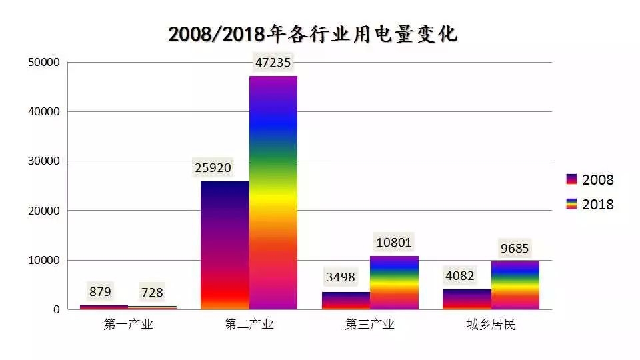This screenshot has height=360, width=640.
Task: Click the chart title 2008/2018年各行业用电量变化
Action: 313,34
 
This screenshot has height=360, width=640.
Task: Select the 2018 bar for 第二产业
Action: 273,193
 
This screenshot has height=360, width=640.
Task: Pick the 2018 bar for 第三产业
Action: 394,283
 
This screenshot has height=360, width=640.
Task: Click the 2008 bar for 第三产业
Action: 345,301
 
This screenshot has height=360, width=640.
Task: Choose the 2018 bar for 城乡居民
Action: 515,285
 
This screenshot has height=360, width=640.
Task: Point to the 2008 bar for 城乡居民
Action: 467,299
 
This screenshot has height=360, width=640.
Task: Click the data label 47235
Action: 273,63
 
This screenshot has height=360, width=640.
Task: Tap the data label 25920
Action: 213,168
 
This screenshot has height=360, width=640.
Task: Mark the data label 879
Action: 99,291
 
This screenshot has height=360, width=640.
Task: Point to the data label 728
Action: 151,292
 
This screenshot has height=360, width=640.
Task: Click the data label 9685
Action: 515,249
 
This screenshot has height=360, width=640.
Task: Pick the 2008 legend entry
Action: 589,179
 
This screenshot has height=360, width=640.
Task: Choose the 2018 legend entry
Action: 589,204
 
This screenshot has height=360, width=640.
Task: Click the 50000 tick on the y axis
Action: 44,63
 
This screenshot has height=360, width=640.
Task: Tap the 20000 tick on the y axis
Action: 44,211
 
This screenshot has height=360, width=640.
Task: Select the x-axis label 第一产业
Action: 128,325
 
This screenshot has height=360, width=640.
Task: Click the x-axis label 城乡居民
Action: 491,325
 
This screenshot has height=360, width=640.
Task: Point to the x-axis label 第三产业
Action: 369,325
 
